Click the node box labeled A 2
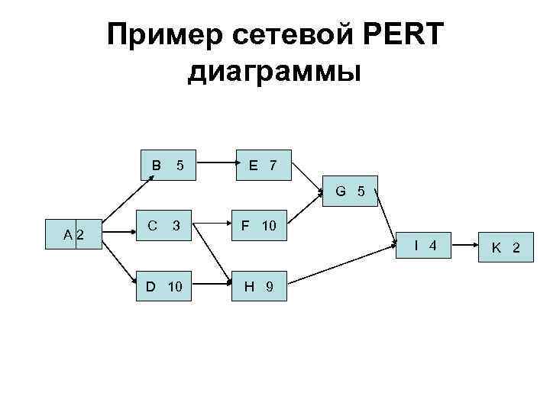point(75,233)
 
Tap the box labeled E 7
point(262,165)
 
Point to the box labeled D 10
point(165,286)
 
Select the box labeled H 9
point(259,286)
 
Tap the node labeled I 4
point(425,245)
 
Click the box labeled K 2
point(505,247)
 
